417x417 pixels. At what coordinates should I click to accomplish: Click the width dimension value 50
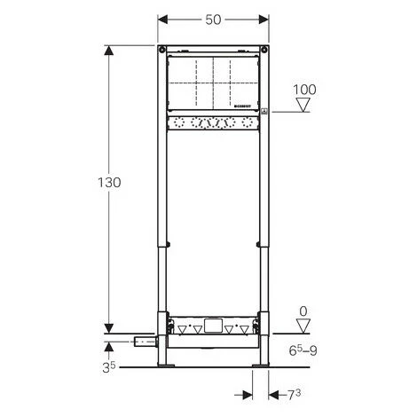click(213, 20)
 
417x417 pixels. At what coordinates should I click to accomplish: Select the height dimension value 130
click(109, 183)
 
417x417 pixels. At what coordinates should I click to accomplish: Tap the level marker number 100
click(304, 90)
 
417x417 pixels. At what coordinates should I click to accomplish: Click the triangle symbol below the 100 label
click(303, 105)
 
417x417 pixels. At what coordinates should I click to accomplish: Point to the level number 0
click(303, 311)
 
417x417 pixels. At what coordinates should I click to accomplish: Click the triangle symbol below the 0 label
click(303, 326)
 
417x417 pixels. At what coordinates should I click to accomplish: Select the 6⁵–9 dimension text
click(303, 350)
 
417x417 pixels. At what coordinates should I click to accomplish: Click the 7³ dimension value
click(294, 395)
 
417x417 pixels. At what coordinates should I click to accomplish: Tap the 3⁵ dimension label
click(108, 367)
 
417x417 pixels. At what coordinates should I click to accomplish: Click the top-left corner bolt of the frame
click(161, 50)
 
